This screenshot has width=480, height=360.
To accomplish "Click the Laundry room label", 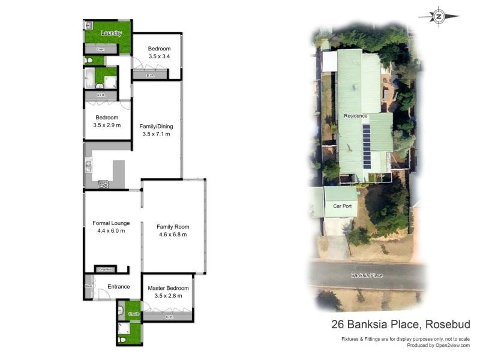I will pyautogui.click(x=112, y=33).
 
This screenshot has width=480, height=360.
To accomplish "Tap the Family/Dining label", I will pyautogui.click(x=156, y=127).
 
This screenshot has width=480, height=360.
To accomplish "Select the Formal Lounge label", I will pyautogui.click(x=111, y=223).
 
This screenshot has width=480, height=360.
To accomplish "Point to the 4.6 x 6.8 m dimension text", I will pyautogui.click(x=173, y=235).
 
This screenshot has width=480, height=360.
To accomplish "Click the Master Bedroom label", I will pyautogui.click(x=168, y=288).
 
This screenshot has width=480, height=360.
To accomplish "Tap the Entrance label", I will pyautogui.click(x=119, y=286).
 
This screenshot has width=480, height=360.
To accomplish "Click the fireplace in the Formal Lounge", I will pyautogui.click(x=105, y=269).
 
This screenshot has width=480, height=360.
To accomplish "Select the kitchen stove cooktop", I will pyautogui.click(x=103, y=184).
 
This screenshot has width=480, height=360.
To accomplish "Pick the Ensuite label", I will pyautogui.click(x=133, y=314).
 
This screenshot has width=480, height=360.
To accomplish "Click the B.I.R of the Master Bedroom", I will pyautogui.click(x=169, y=316).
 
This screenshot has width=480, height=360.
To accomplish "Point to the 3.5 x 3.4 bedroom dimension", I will pyautogui.click(x=159, y=56).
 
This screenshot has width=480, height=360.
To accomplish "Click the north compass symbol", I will pyautogui.click(x=439, y=17).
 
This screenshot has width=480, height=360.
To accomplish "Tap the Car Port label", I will pyautogui.click(x=342, y=206).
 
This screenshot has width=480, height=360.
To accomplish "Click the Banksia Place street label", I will pyautogui.click(x=367, y=275).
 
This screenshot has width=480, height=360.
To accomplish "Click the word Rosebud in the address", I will pyautogui.click(x=448, y=325).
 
